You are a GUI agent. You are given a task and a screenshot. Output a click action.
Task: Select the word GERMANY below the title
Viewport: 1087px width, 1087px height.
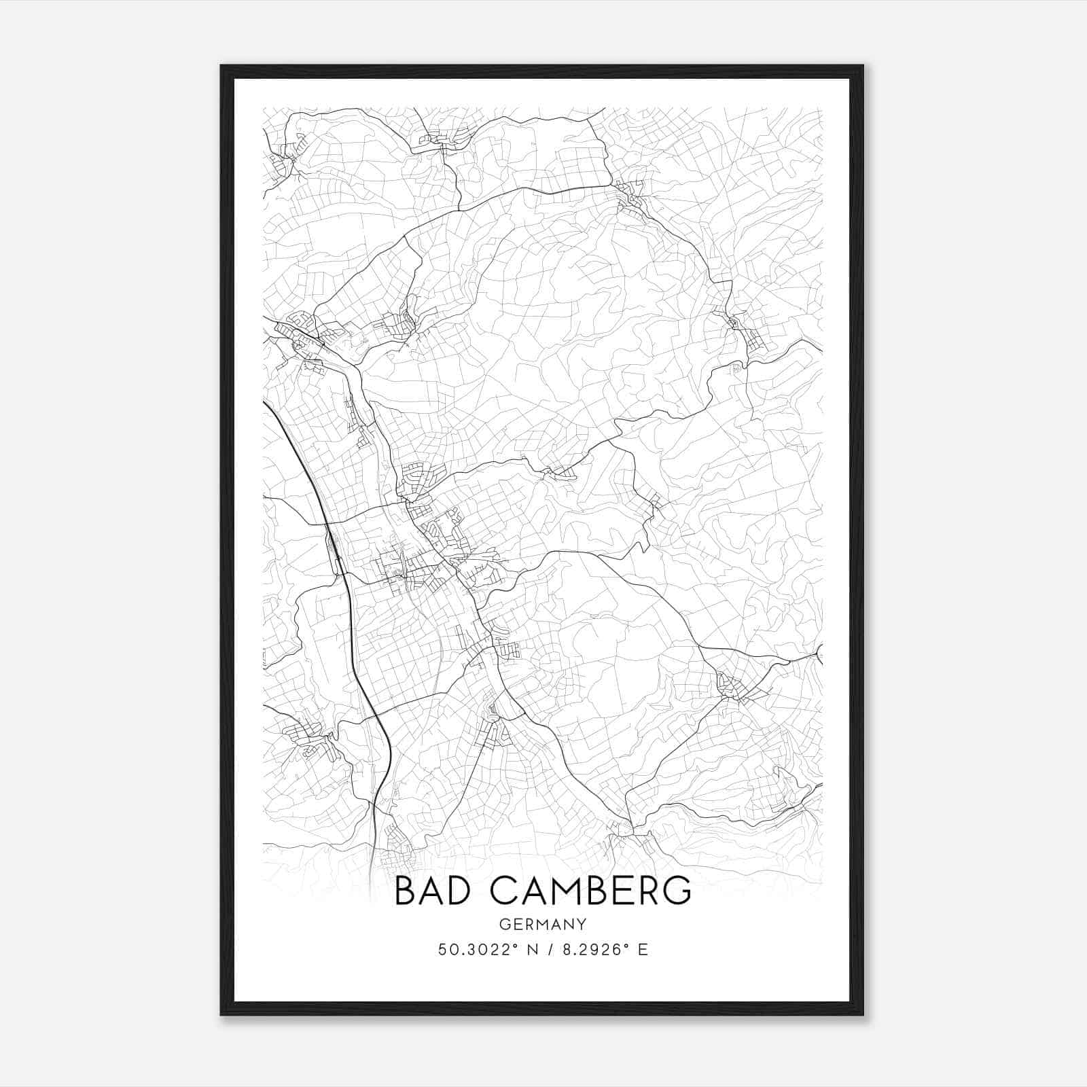pyautogui.click(x=543, y=924)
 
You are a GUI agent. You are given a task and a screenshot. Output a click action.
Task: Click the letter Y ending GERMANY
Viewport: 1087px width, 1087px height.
pyautogui.click(x=582, y=924)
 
